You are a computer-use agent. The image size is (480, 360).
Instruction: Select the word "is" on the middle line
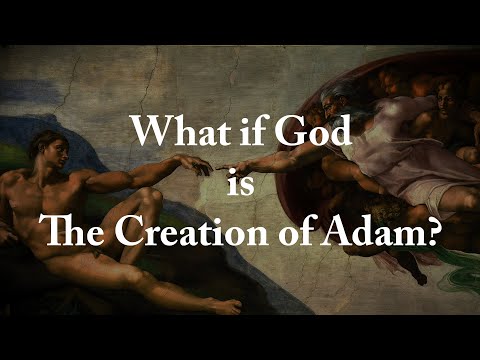pyautogui.click(x=239, y=182)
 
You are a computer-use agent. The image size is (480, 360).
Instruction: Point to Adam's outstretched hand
pyautogui.click(x=196, y=162)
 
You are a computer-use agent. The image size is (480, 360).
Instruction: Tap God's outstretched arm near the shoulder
pyautogui.click(x=310, y=150)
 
